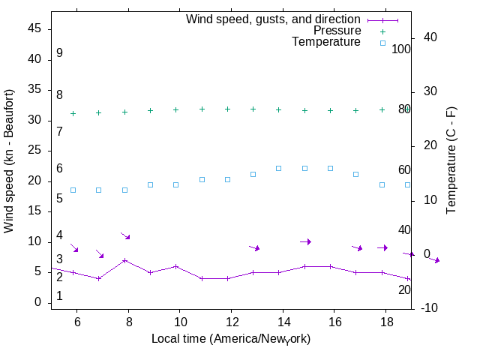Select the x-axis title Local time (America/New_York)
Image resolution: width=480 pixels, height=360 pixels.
click(231, 339)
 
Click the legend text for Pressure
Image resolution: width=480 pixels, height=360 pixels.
click(337, 31)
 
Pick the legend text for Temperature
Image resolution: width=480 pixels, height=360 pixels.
click(326, 42)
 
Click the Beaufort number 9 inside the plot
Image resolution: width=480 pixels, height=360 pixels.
click(59, 53)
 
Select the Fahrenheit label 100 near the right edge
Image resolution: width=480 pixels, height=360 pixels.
click(401, 49)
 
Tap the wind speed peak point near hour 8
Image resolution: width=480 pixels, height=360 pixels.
click(125, 260)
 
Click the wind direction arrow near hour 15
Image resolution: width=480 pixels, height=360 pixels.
click(305, 241)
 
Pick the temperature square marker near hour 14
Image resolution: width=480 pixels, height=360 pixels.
click(279, 168)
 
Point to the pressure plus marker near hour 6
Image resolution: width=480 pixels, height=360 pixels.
click(73, 113)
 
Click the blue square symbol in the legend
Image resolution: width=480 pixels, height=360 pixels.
click(382, 43)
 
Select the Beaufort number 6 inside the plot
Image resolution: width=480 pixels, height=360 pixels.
click(59, 169)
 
